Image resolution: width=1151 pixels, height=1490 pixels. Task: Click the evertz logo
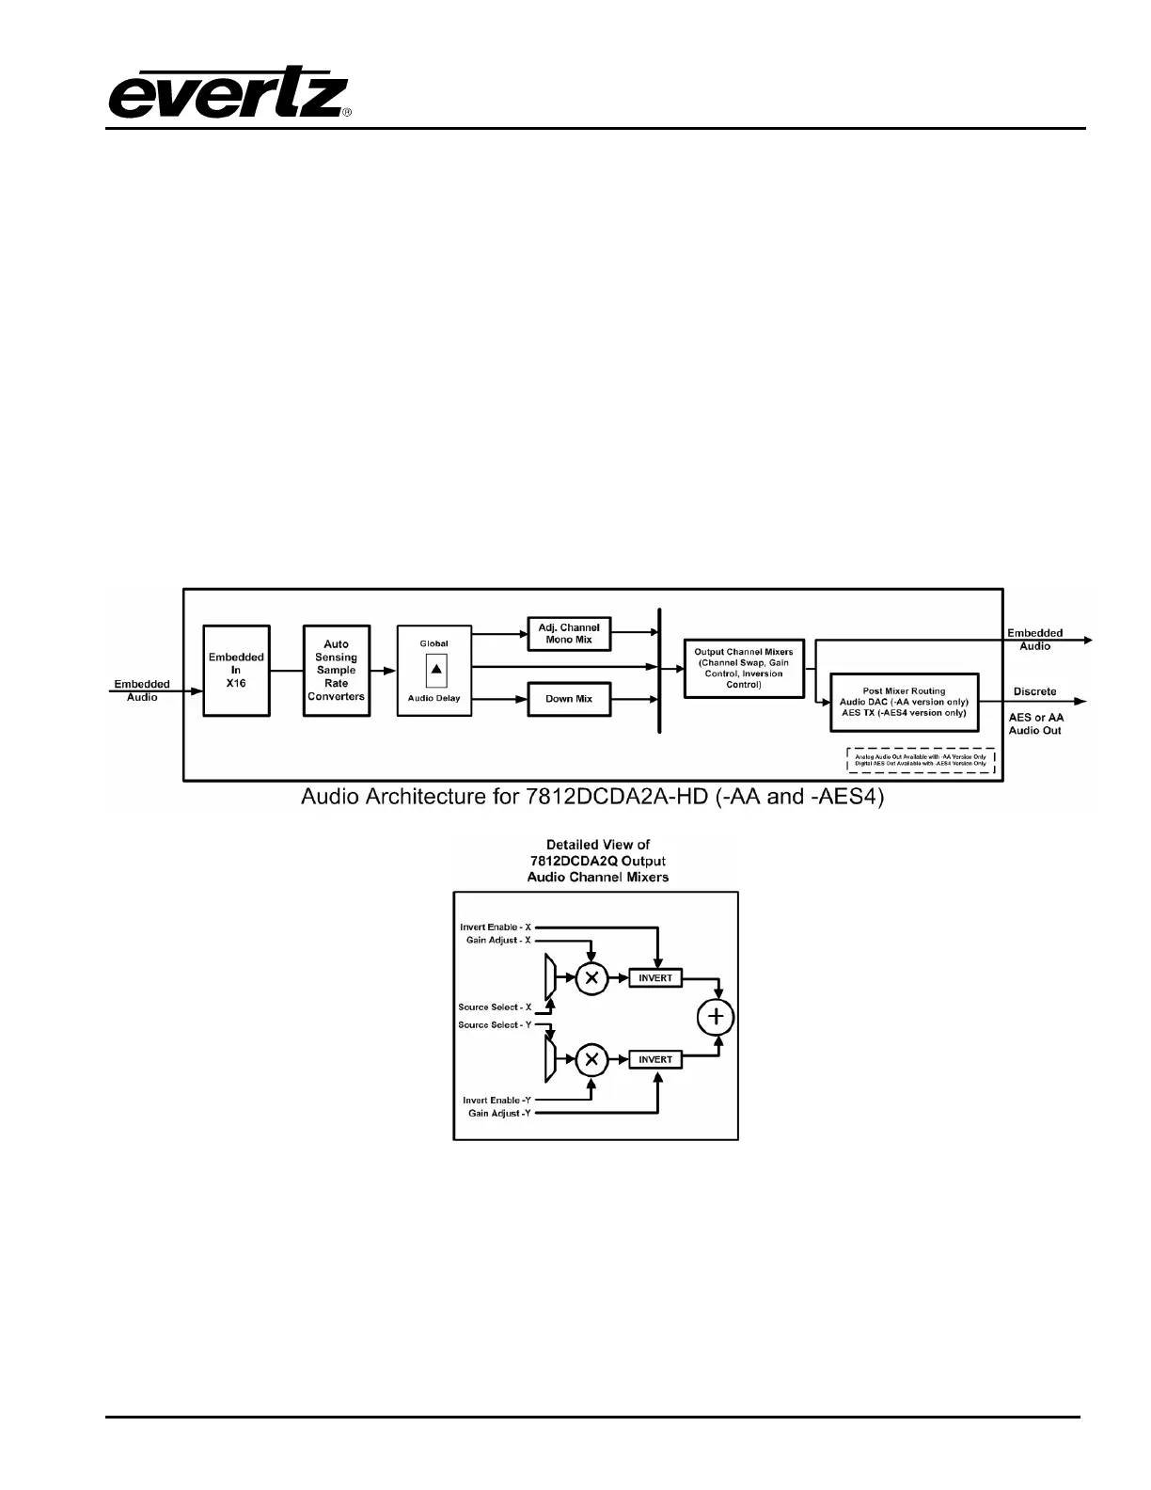[x=229, y=92]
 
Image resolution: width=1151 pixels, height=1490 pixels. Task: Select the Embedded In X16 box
[x=236, y=670]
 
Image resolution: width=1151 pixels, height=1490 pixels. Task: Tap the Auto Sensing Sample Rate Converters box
[x=336, y=670]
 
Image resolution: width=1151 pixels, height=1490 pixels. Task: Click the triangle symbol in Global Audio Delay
[x=435, y=669]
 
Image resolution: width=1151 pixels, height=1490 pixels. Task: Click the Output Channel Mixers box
[x=743, y=668]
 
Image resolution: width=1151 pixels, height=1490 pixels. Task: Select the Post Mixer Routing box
[x=903, y=702]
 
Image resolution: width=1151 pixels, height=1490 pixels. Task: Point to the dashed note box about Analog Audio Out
[x=921, y=760]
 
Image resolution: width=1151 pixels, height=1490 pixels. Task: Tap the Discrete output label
[x=1034, y=691]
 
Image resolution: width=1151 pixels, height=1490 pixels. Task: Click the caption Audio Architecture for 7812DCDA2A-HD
[x=592, y=798]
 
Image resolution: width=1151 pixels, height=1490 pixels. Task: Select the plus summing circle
[x=716, y=1017]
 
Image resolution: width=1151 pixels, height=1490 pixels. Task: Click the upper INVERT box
[x=655, y=978]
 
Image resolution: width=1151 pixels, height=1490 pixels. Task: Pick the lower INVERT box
[x=655, y=1059]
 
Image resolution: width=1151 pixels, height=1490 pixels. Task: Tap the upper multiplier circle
[x=591, y=978]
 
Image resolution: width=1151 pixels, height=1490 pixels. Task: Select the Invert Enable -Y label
[x=497, y=1100]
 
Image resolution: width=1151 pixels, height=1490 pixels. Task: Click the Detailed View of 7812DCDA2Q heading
[x=597, y=861]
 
